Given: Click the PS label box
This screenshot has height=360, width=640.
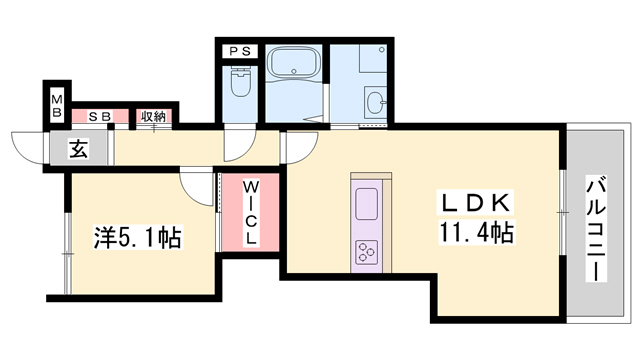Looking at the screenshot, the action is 240,51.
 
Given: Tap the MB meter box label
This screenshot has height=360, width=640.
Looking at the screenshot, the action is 57,106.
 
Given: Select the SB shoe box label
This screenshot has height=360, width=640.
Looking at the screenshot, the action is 100,117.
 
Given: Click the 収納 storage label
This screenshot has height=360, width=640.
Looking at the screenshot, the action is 153,117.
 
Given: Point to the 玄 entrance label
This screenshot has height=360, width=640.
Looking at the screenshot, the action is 79,149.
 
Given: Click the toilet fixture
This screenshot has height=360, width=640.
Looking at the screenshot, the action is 240,81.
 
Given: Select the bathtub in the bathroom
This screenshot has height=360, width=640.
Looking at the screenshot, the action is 292,62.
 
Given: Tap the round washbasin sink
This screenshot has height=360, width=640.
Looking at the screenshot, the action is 375,101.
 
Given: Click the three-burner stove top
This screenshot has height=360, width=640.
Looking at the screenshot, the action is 367,253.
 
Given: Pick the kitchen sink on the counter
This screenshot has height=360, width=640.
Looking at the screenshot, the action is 367,204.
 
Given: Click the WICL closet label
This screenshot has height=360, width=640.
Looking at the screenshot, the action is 251,213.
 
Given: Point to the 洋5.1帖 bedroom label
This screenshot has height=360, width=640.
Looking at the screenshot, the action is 138,237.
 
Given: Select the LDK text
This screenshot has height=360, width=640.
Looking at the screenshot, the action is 476,202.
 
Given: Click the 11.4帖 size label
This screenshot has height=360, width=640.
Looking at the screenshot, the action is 477,232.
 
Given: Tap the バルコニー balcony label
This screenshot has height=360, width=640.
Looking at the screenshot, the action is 596,229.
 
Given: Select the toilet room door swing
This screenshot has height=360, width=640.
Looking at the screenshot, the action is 240,145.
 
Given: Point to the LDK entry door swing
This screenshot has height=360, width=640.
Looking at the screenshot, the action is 302,147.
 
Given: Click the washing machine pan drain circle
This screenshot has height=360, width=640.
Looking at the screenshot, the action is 382,50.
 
